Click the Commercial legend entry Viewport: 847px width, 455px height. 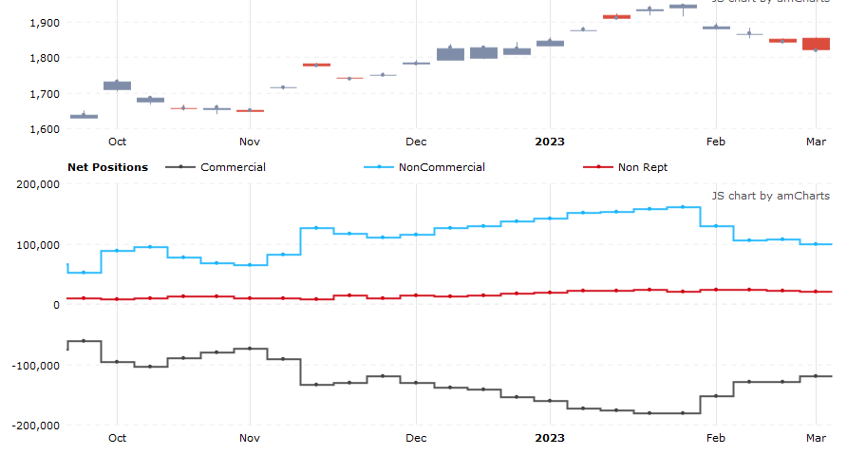click(233, 167)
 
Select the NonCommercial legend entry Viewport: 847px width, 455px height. click(442, 167)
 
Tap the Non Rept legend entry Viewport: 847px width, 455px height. click(642, 167)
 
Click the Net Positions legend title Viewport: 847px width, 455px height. click(107, 167)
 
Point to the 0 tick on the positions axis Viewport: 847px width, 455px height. click(56, 305)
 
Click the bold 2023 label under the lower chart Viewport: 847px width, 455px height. click(550, 438)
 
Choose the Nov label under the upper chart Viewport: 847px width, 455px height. click(250, 142)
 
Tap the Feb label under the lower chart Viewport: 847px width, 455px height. click(715, 438)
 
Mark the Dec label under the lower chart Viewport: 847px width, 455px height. click(415, 438)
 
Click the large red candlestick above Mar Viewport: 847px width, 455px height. click(816, 44)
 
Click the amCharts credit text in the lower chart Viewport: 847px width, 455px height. click(770, 196)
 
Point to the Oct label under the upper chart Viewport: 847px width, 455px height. click(117, 142)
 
